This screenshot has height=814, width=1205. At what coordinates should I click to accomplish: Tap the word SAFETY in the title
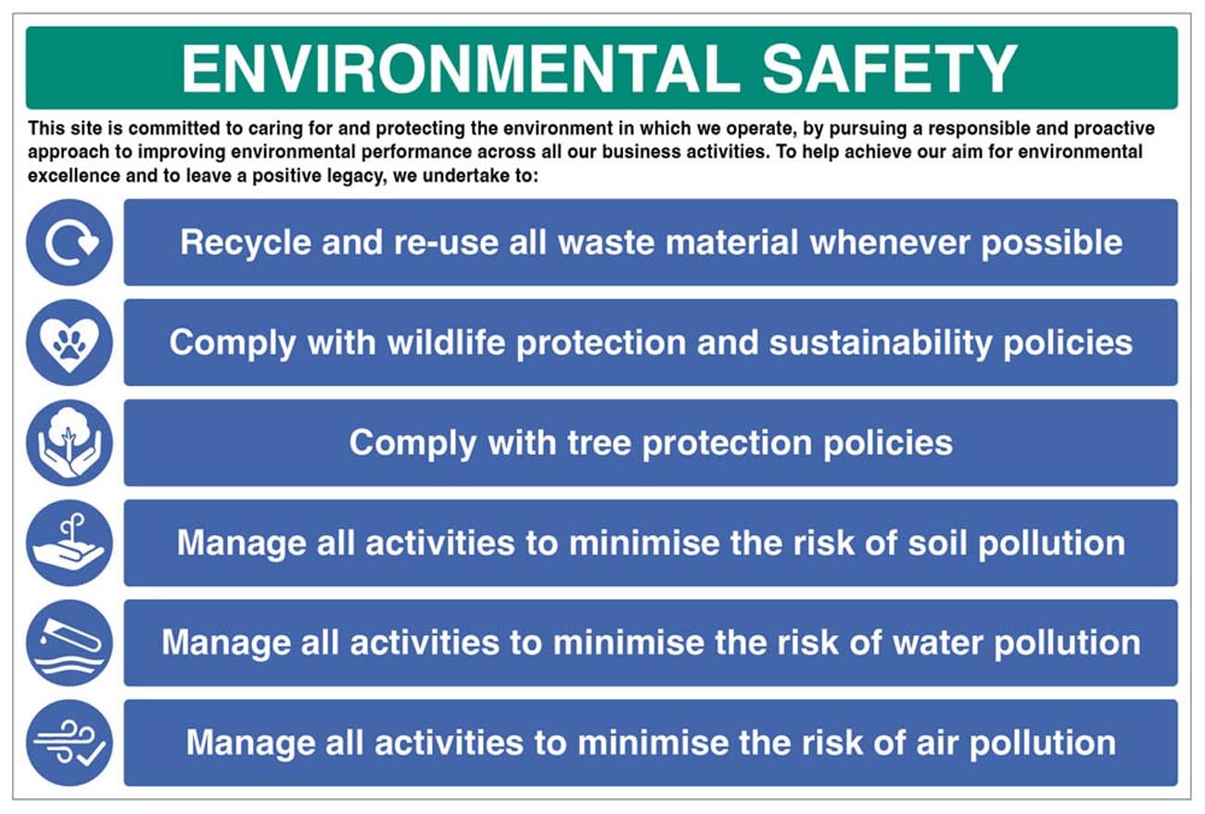coord(890,69)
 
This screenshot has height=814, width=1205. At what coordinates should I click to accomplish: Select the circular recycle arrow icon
coord(70,243)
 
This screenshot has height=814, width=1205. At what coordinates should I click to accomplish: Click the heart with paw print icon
coord(70,343)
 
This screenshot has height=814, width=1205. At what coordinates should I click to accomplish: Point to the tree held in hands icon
coord(70,443)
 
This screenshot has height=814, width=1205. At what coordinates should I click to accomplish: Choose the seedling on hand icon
coord(70,543)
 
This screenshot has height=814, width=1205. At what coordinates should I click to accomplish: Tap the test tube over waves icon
coord(70,642)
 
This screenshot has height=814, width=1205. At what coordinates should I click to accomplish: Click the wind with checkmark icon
coord(70,743)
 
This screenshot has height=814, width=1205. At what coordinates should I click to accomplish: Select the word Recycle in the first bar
coord(246,243)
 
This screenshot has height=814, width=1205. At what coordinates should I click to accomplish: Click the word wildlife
coord(446,343)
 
